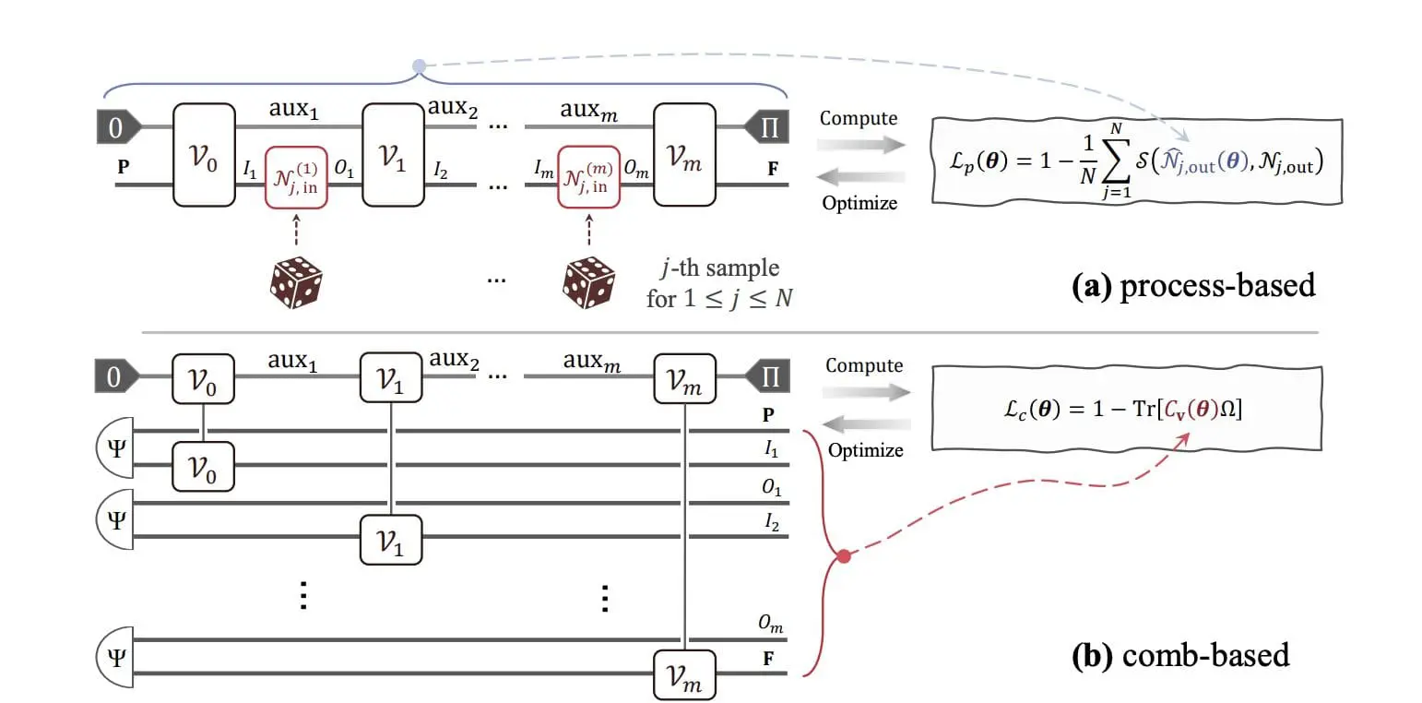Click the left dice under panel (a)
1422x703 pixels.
[x=295, y=281]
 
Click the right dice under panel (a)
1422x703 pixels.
[x=588, y=281]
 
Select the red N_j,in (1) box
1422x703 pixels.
[x=296, y=177]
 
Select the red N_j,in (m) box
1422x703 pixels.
[x=588, y=177]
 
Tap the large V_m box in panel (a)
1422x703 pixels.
[x=684, y=154]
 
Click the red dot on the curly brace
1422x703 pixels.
[x=842, y=556]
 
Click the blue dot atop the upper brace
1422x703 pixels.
[x=419, y=66]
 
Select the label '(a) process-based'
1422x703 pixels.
[x=1193, y=285]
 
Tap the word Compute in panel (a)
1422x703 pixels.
[x=859, y=119]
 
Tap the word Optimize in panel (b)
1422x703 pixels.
[x=865, y=450]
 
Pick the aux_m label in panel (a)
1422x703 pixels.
[x=589, y=111]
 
